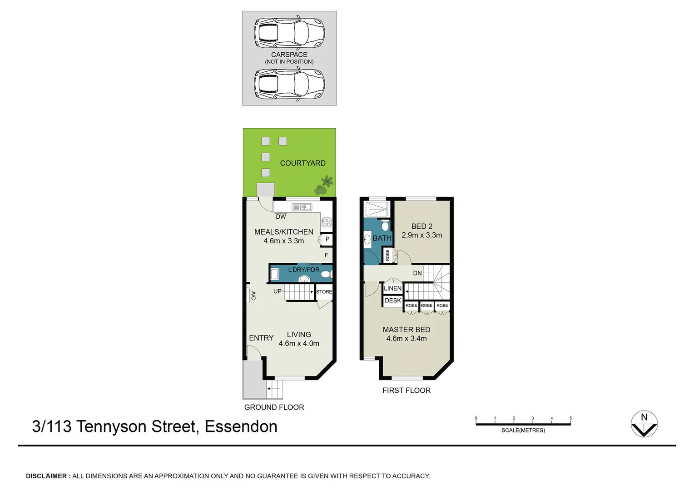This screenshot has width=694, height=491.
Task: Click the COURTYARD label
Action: (x=302, y=163)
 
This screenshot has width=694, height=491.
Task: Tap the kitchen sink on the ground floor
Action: (x=302, y=207)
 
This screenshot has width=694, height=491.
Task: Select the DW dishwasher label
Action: (x=281, y=217)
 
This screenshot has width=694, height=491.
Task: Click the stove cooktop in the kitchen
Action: (x=327, y=222)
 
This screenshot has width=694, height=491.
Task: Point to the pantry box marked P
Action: (x=327, y=239)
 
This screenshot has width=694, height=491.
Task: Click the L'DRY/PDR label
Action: (x=303, y=270)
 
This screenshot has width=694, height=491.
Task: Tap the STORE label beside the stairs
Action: (x=324, y=292)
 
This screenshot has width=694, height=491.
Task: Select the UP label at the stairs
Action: (x=278, y=291)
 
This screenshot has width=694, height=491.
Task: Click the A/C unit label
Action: (x=253, y=296)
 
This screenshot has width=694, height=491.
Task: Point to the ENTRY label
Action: (x=261, y=338)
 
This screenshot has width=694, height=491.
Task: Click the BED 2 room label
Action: (x=421, y=226)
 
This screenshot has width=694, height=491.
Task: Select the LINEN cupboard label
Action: (x=392, y=289)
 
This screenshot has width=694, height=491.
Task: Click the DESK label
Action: (x=392, y=301)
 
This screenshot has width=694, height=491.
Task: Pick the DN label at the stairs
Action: (x=417, y=273)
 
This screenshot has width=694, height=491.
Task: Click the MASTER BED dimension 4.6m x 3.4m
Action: (x=406, y=339)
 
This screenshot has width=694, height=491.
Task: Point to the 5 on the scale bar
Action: (x=570, y=418)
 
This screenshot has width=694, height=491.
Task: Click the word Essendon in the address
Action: (x=241, y=426)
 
